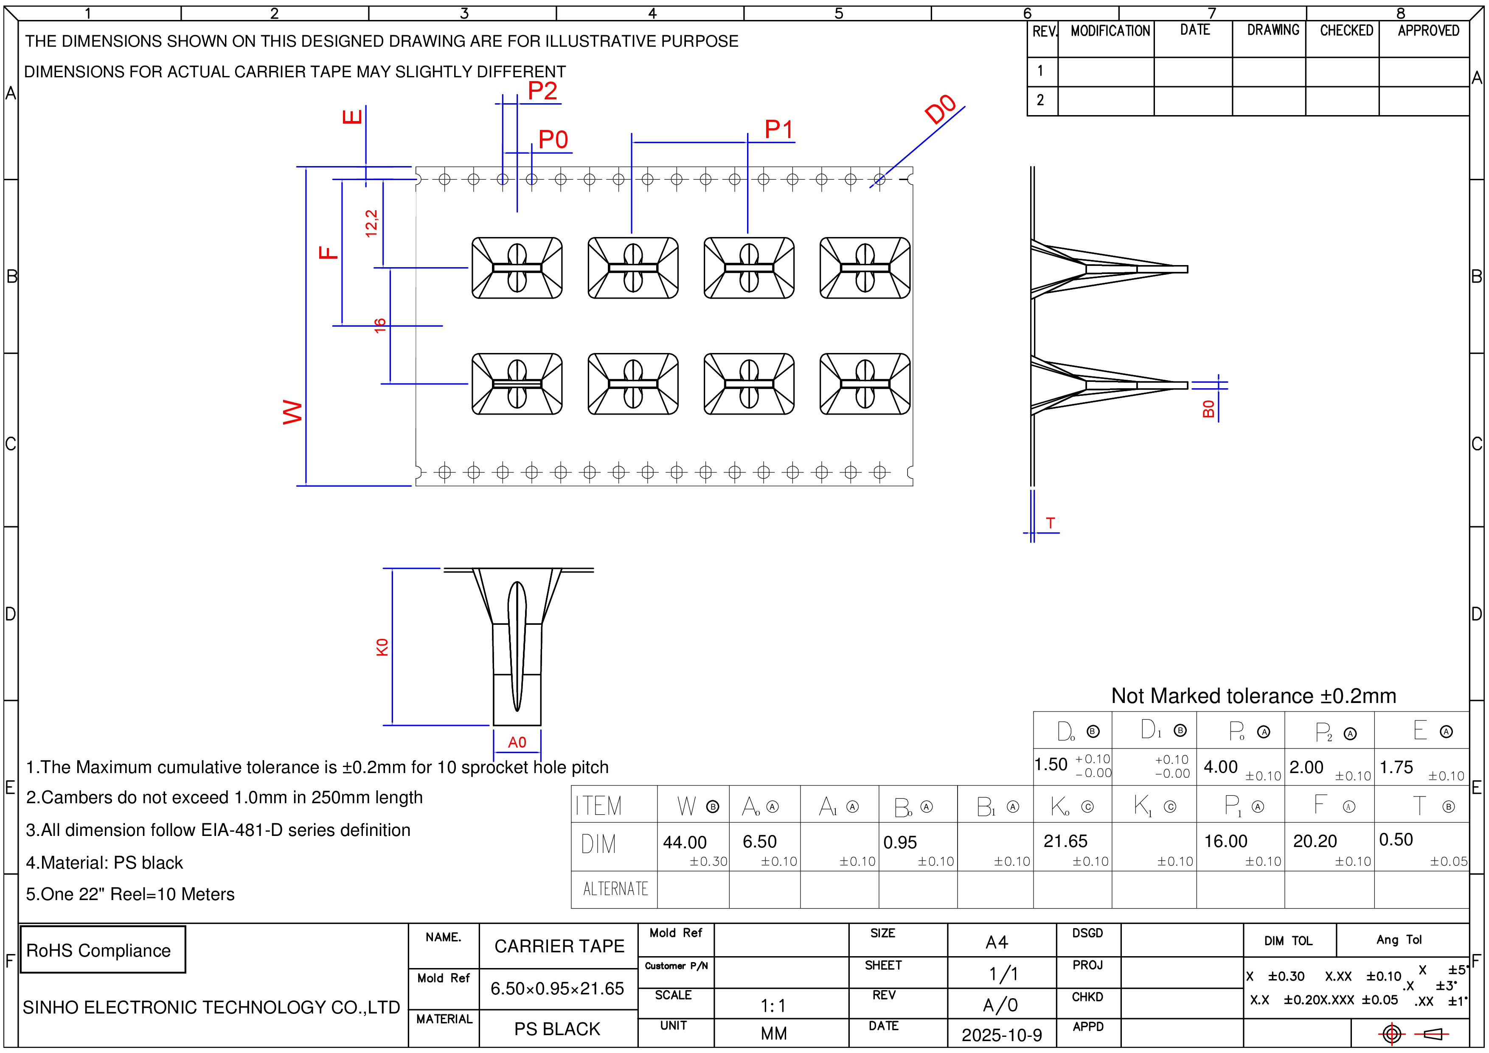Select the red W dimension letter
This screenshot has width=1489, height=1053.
(x=292, y=412)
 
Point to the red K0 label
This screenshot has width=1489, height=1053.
(x=382, y=647)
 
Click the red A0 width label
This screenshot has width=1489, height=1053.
(x=517, y=742)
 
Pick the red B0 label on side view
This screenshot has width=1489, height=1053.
(x=1208, y=409)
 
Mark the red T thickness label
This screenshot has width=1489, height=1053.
(x=1050, y=523)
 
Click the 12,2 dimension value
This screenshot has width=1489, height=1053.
(x=371, y=223)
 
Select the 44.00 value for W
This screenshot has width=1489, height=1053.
(x=684, y=842)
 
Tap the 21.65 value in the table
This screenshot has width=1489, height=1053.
(x=1065, y=841)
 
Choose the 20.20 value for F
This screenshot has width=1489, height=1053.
(x=1315, y=841)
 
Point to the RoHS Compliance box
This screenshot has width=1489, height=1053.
(x=102, y=950)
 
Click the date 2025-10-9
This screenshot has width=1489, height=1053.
(x=1001, y=1035)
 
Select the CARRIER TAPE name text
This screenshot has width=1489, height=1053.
(x=559, y=946)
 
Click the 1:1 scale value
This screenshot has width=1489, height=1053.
(x=773, y=1005)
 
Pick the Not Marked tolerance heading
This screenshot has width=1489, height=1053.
(x=1253, y=695)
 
